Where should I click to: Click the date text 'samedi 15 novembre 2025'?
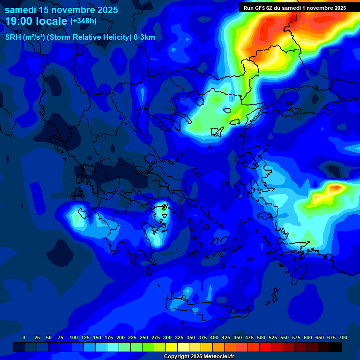61,10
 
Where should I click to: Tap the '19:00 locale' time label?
36,21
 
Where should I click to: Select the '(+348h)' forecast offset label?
83,21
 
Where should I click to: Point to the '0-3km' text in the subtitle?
144,37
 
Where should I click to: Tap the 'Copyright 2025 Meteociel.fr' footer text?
199,357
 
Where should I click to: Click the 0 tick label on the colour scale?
24,337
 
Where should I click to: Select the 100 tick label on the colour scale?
74,337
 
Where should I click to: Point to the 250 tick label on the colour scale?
144,337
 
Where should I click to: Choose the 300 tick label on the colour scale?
167,337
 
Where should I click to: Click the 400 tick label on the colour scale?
214,337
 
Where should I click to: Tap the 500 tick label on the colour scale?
261,337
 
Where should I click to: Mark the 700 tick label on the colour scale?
343,337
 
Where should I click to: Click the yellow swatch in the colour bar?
172,347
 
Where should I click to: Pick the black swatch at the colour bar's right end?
336,347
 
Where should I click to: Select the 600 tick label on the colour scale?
308,337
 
